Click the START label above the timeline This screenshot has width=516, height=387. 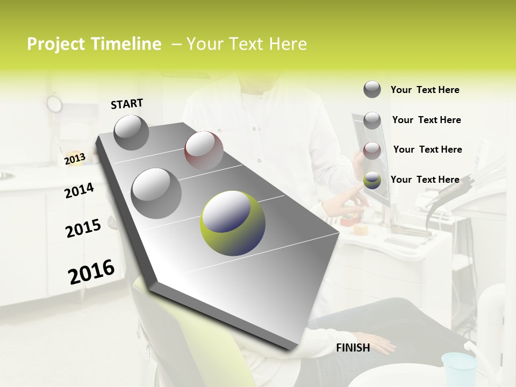[127, 104]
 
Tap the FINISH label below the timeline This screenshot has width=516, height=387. [353, 348]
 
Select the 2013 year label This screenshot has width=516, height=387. [75, 159]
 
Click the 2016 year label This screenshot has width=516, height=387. [91, 271]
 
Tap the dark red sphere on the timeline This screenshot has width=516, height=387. [204, 150]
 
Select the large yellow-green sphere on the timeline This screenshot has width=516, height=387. [233, 223]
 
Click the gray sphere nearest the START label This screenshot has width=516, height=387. [131, 132]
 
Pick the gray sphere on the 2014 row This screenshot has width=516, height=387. [156, 193]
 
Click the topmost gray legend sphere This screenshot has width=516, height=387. [372, 89]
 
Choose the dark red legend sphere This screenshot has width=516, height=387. [372, 150]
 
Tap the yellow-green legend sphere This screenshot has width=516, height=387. [372, 181]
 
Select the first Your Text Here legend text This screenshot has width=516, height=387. [425, 90]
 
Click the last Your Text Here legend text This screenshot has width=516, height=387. [425, 180]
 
